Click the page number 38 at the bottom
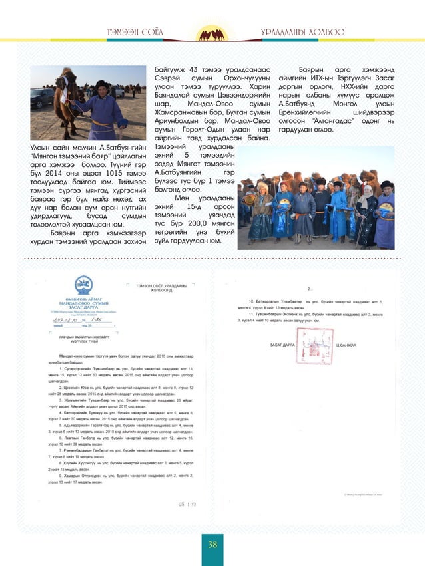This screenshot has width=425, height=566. point(212,545)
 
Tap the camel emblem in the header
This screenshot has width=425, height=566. point(212,33)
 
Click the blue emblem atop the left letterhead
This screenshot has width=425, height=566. point(83,285)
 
